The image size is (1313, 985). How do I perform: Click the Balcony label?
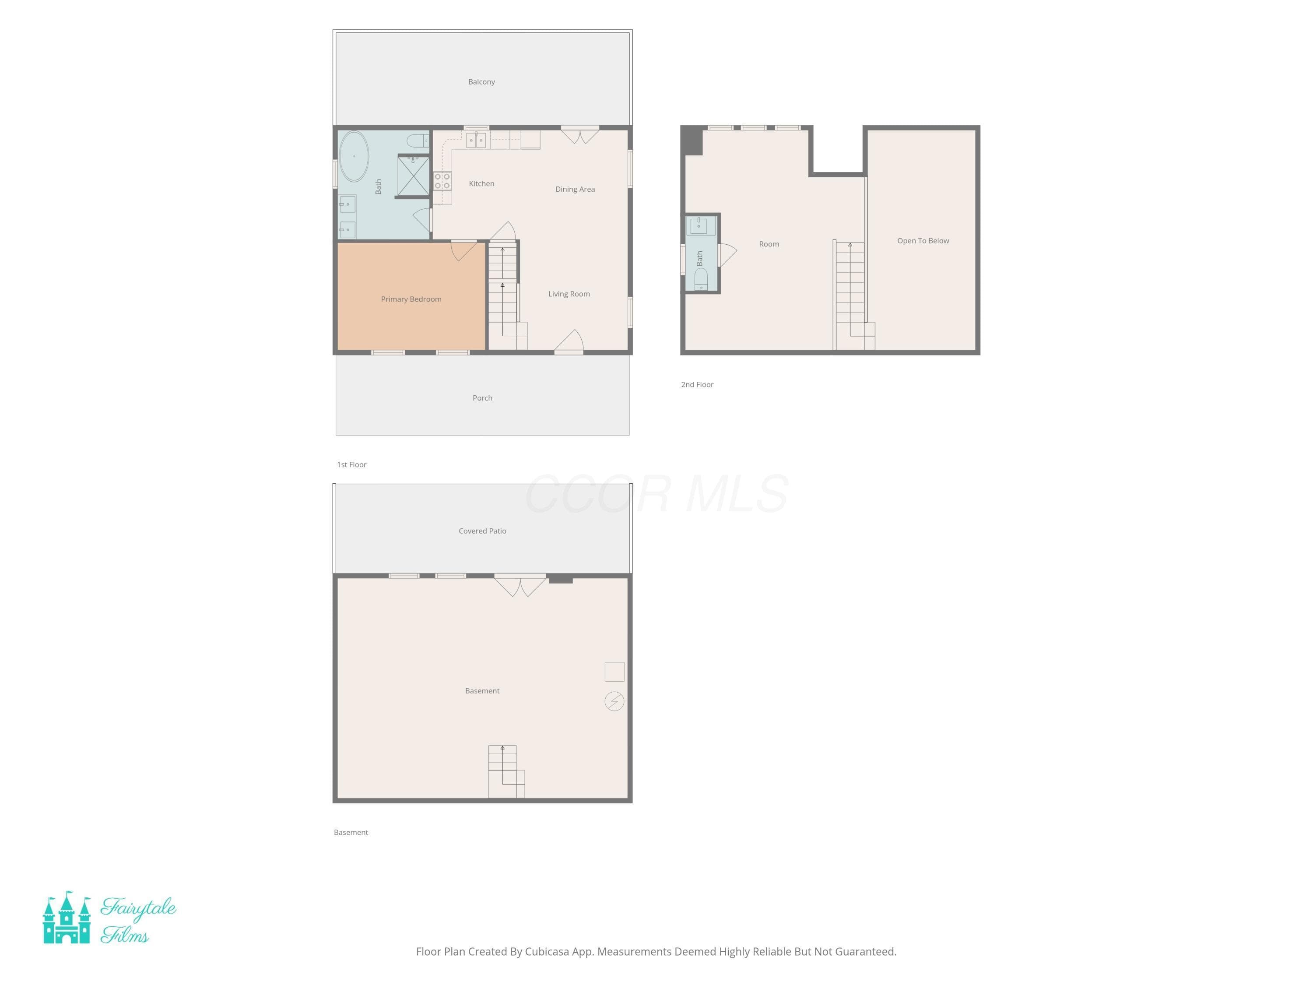pos(481,82)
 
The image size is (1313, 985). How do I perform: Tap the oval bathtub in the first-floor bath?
pos(354,156)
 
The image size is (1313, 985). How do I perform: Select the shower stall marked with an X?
pos(413,175)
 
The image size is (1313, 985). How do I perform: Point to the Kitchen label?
pos(481,184)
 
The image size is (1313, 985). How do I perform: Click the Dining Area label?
pos(575,190)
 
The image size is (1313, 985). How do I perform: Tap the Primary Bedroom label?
pos(411,299)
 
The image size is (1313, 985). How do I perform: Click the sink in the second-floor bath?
pos(699,225)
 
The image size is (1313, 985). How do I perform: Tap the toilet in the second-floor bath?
pos(701,279)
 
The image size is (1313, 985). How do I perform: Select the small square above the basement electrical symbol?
pos(614,672)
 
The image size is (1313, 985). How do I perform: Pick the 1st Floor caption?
pos(352,465)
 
